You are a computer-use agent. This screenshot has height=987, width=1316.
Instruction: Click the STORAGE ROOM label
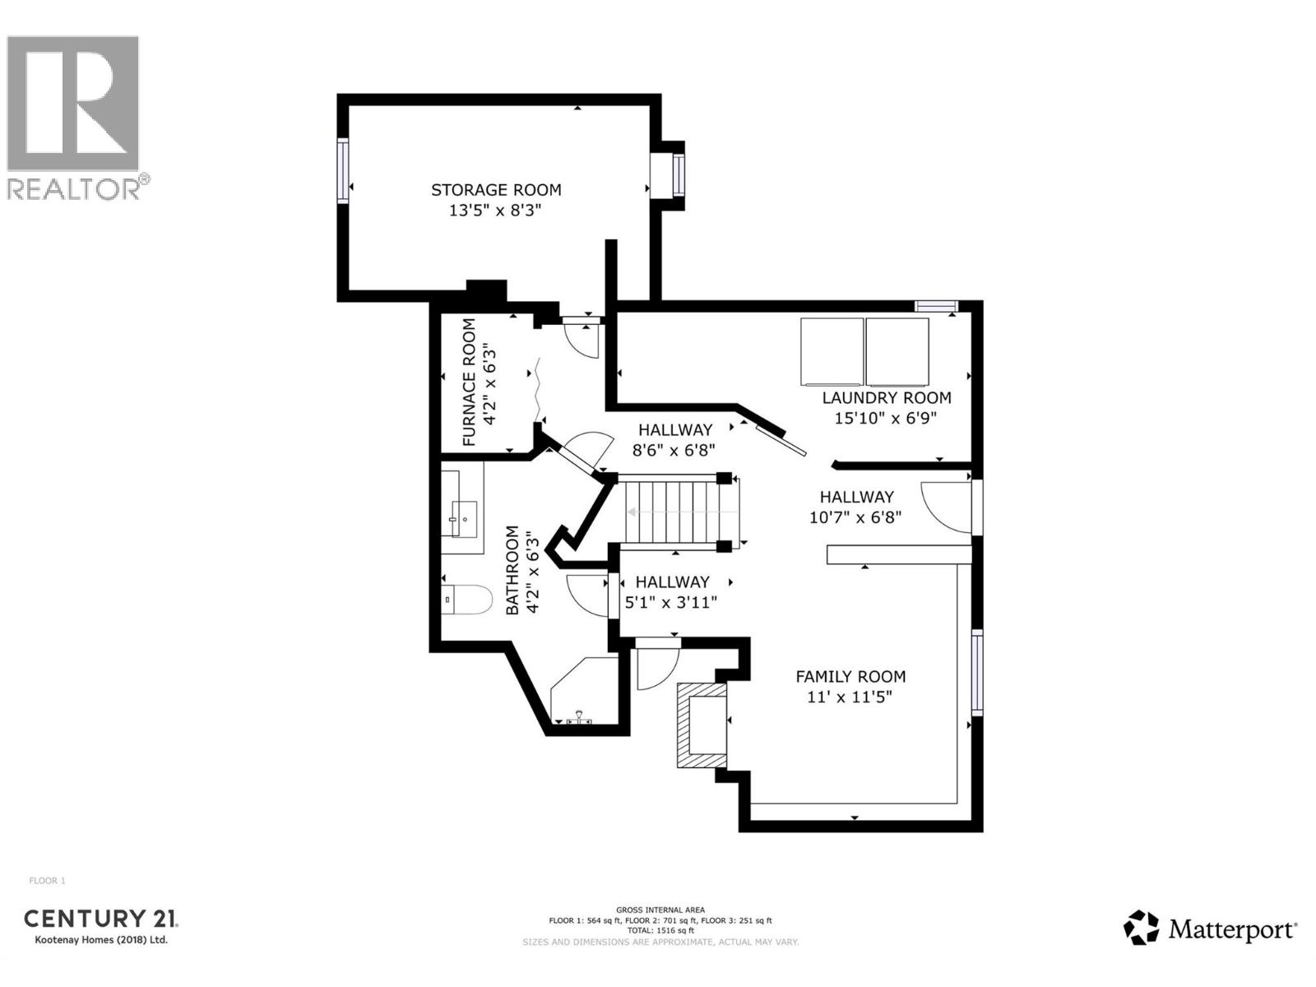496,190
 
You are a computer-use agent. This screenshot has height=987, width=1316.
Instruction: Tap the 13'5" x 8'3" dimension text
496,211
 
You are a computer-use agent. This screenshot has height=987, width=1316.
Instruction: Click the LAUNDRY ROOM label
887,398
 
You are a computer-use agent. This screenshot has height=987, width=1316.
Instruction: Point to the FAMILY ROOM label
850,677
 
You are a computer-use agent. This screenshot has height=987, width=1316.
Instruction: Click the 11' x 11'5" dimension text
850,697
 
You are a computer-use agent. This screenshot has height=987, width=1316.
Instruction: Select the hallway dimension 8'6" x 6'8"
674,450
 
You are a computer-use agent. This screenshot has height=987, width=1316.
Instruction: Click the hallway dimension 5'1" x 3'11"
671,602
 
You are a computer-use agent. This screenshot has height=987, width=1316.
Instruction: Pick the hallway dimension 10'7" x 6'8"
855,517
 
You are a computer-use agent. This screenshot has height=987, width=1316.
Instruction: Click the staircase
673,512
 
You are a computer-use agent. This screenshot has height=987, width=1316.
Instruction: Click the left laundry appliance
832,352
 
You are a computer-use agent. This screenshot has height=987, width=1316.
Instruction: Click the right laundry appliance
897,352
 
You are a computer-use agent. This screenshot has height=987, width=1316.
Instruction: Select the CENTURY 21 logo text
100,920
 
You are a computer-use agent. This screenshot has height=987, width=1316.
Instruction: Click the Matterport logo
1210,929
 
